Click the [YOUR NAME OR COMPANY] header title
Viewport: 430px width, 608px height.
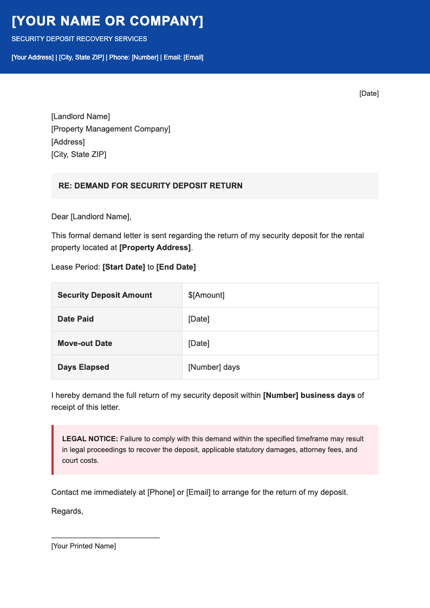[107, 21]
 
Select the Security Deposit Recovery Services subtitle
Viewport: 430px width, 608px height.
[79, 39]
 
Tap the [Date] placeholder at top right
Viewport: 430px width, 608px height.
[369, 94]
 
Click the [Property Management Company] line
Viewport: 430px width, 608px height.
[110, 129]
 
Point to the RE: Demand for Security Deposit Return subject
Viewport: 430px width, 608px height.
[150, 186]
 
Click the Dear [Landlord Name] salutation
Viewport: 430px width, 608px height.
[91, 217]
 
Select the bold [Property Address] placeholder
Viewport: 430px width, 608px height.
[155, 247]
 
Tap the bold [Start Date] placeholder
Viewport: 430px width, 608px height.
[123, 267]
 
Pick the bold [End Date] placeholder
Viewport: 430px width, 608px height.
[176, 267]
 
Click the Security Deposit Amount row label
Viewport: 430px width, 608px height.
[105, 295]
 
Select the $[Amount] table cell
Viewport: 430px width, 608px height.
[206, 295]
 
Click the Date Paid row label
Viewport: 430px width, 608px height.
[75, 319]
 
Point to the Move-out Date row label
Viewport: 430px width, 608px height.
[84, 343]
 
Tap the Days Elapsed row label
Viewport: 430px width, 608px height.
[83, 367]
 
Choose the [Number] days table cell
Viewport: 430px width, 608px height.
[213, 367]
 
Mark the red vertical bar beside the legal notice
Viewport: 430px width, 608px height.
[53, 450]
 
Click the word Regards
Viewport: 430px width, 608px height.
[67, 511]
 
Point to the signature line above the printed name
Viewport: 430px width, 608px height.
[105, 538]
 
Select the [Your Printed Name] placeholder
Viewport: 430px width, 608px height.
[83, 546]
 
